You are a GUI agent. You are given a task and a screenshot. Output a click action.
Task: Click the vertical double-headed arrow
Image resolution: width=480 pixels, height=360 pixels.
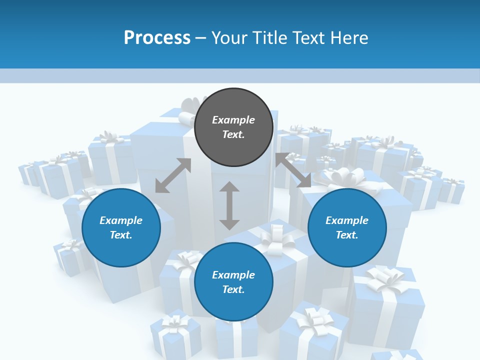point(229,205)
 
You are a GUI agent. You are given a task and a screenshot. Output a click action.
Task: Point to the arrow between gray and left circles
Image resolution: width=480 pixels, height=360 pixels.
point(173,175)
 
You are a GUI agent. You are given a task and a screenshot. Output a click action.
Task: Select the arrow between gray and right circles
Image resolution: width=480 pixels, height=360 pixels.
point(293,170)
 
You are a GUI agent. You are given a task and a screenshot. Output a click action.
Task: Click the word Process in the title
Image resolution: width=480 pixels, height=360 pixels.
point(157,37)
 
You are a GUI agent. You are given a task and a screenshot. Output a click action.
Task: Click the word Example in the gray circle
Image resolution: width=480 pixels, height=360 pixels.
point(233,120)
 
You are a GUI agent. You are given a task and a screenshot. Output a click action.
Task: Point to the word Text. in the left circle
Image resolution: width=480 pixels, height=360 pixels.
point(121,235)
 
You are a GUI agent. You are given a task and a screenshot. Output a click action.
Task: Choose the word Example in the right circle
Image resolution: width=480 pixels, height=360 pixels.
point(347,220)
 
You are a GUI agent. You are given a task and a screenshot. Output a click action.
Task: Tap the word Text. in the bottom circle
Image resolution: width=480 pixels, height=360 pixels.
point(233,289)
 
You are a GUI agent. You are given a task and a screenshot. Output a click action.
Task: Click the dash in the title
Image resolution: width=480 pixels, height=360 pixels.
point(200,38)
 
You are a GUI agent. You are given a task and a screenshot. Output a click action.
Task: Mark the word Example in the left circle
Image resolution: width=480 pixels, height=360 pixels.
point(121,220)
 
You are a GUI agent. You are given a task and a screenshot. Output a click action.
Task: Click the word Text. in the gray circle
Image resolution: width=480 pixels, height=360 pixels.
point(233,134)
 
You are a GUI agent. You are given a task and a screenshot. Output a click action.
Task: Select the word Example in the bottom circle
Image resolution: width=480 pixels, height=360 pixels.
point(233,275)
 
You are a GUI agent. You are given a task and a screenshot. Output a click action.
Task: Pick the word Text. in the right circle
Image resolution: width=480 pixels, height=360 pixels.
point(347,235)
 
